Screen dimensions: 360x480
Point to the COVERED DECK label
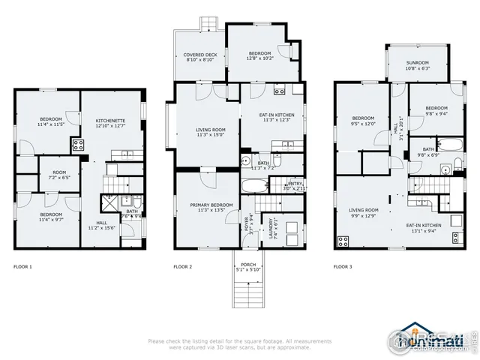coord(199,56)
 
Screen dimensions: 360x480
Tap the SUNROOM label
coord(418,64)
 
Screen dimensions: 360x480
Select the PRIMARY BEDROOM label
coord(205,206)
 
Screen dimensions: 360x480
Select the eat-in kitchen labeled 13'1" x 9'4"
coord(424,227)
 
